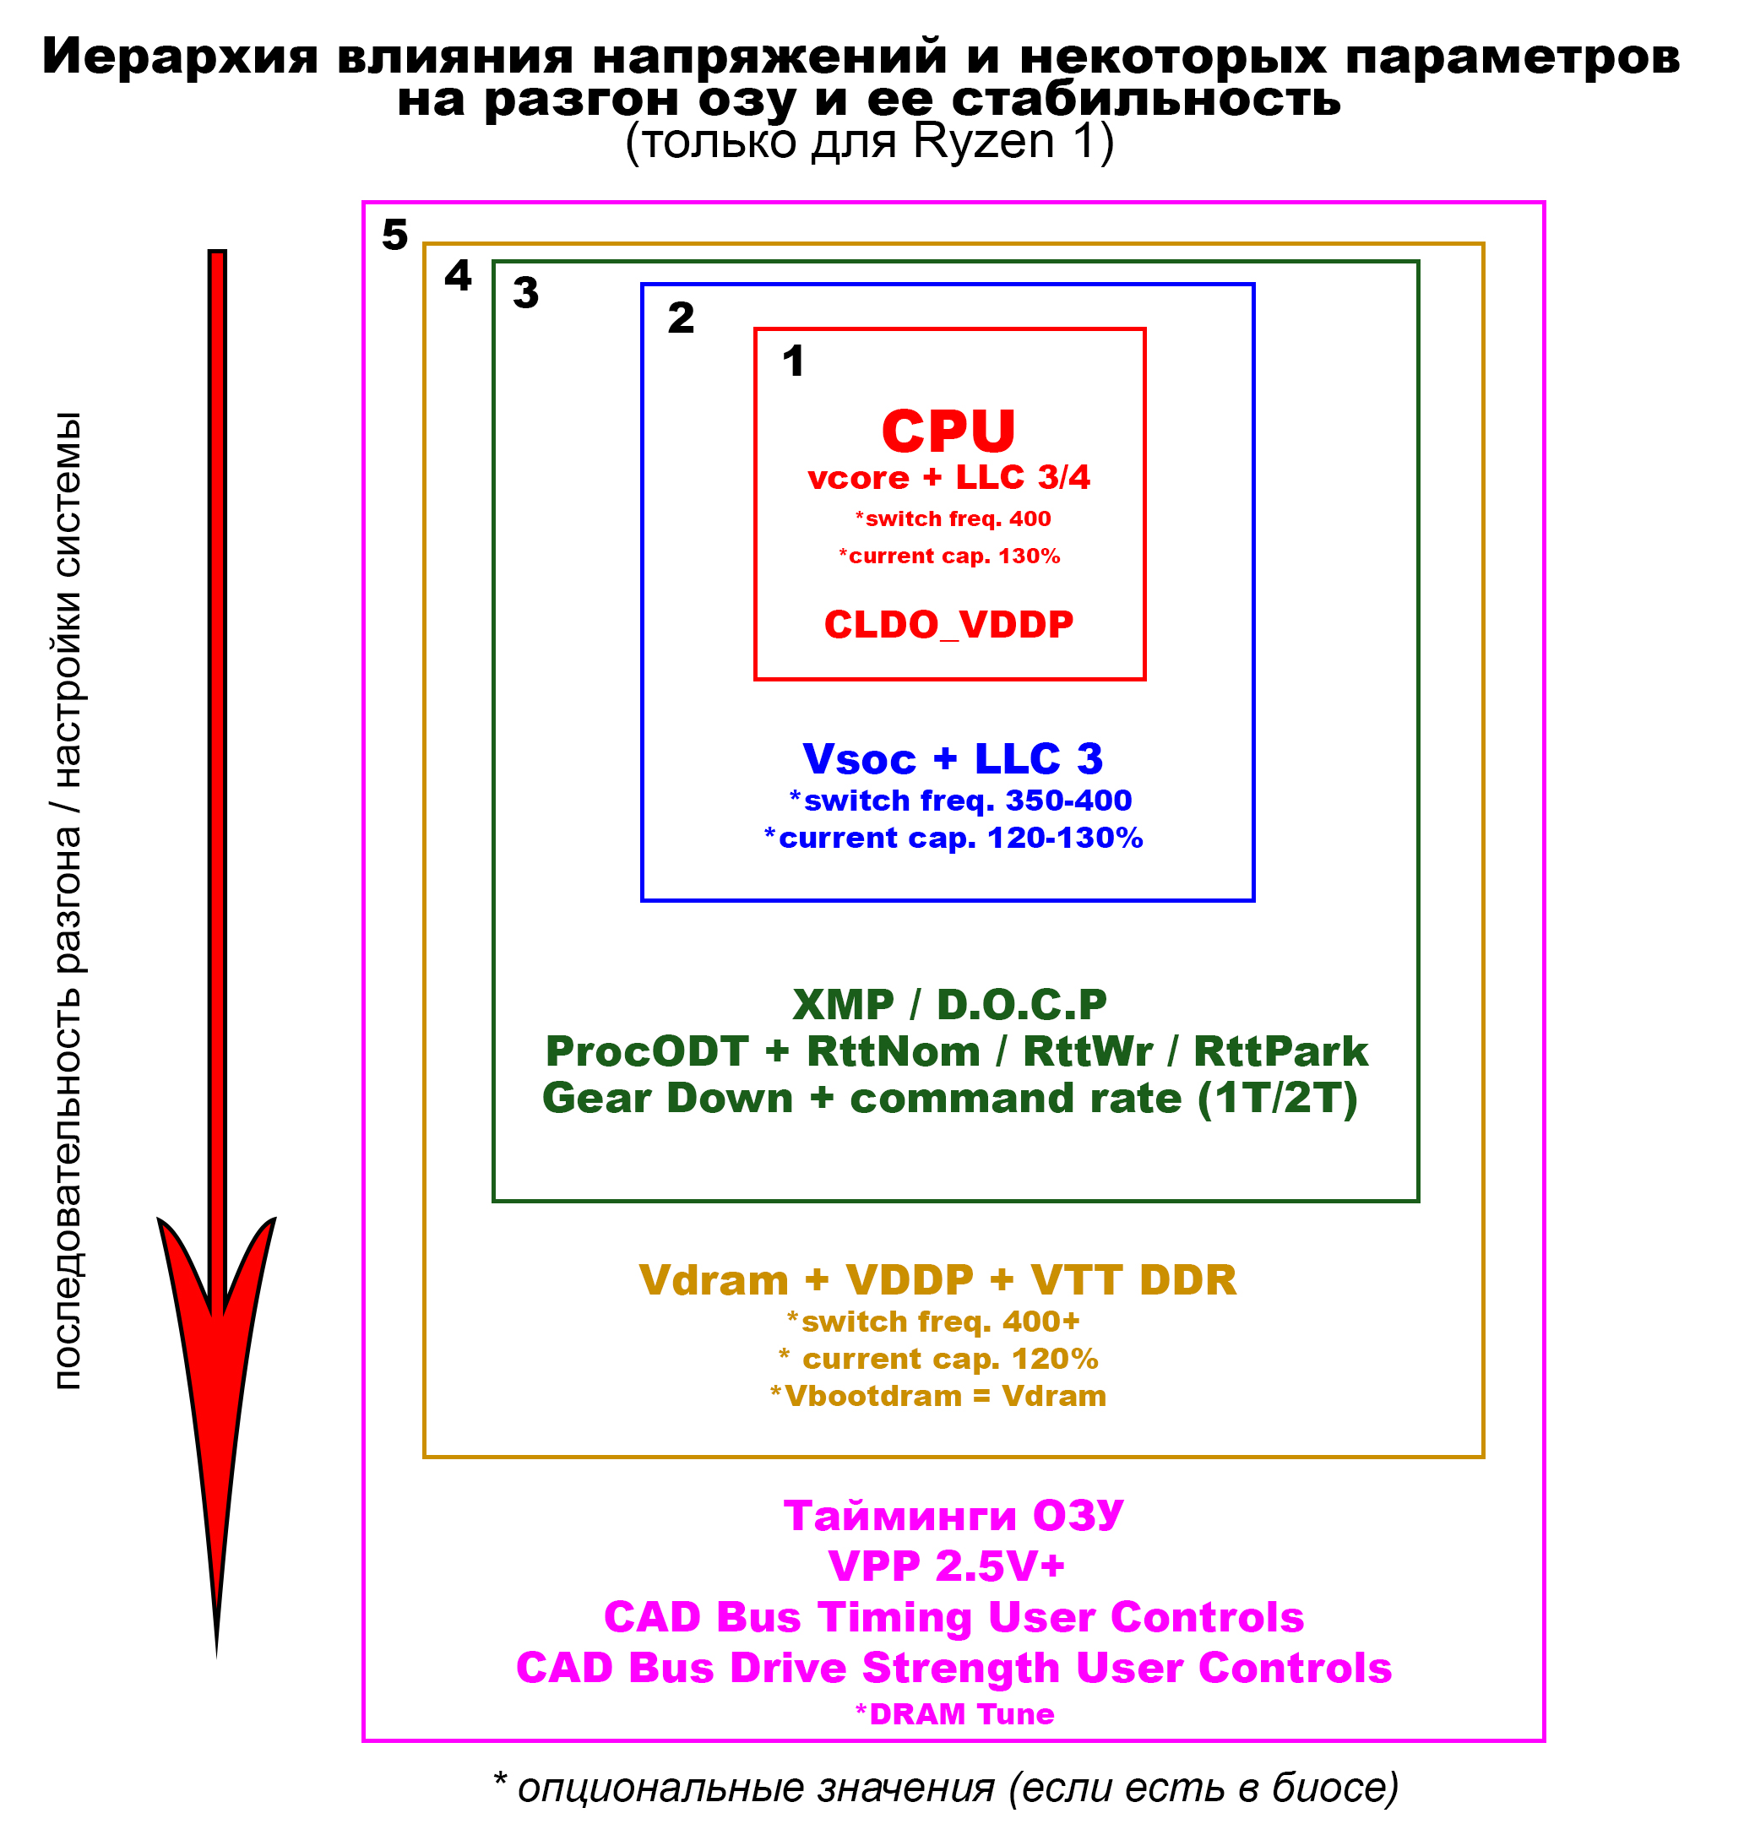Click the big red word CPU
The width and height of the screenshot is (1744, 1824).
(948, 432)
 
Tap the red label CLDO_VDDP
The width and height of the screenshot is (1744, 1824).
(948, 625)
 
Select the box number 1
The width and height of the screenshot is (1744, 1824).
(793, 361)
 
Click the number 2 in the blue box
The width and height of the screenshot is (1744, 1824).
(681, 319)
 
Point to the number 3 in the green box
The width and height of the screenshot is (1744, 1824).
(526, 294)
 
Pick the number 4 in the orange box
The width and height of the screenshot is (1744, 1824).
(459, 276)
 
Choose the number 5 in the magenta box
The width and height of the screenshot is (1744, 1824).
(395, 236)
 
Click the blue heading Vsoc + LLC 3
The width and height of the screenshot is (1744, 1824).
(953, 759)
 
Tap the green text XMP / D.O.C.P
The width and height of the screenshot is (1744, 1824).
(949, 1005)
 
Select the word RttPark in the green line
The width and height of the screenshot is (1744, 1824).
(1280, 1052)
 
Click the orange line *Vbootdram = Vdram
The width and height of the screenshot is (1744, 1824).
(938, 1397)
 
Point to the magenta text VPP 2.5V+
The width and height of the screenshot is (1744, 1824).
(947, 1566)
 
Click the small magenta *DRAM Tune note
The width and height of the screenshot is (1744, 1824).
(954, 1714)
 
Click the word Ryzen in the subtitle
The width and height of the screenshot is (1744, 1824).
(984, 142)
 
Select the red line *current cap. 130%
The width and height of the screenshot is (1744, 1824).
(949, 556)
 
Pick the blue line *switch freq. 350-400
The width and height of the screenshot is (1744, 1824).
(959, 801)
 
